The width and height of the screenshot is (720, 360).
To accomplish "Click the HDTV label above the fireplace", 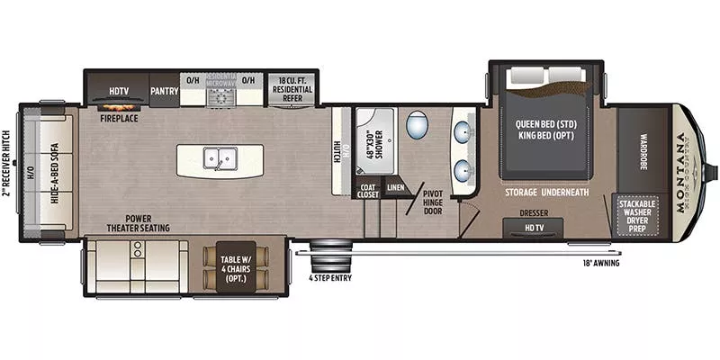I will tap(118, 91).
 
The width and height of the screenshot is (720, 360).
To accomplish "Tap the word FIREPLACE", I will tap(118, 117).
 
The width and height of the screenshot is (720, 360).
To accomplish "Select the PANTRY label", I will tap(164, 91).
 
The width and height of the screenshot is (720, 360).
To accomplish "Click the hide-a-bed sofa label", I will tap(56, 171).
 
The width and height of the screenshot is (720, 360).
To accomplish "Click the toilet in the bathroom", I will tap(418, 125).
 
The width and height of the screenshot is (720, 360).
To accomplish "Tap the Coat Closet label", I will tap(368, 189).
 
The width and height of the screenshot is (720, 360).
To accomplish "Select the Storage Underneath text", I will tap(546, 191).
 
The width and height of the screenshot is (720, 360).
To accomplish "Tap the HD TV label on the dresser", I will tap(535, 229).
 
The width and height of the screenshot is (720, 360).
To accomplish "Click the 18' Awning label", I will tap(599, 263).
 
